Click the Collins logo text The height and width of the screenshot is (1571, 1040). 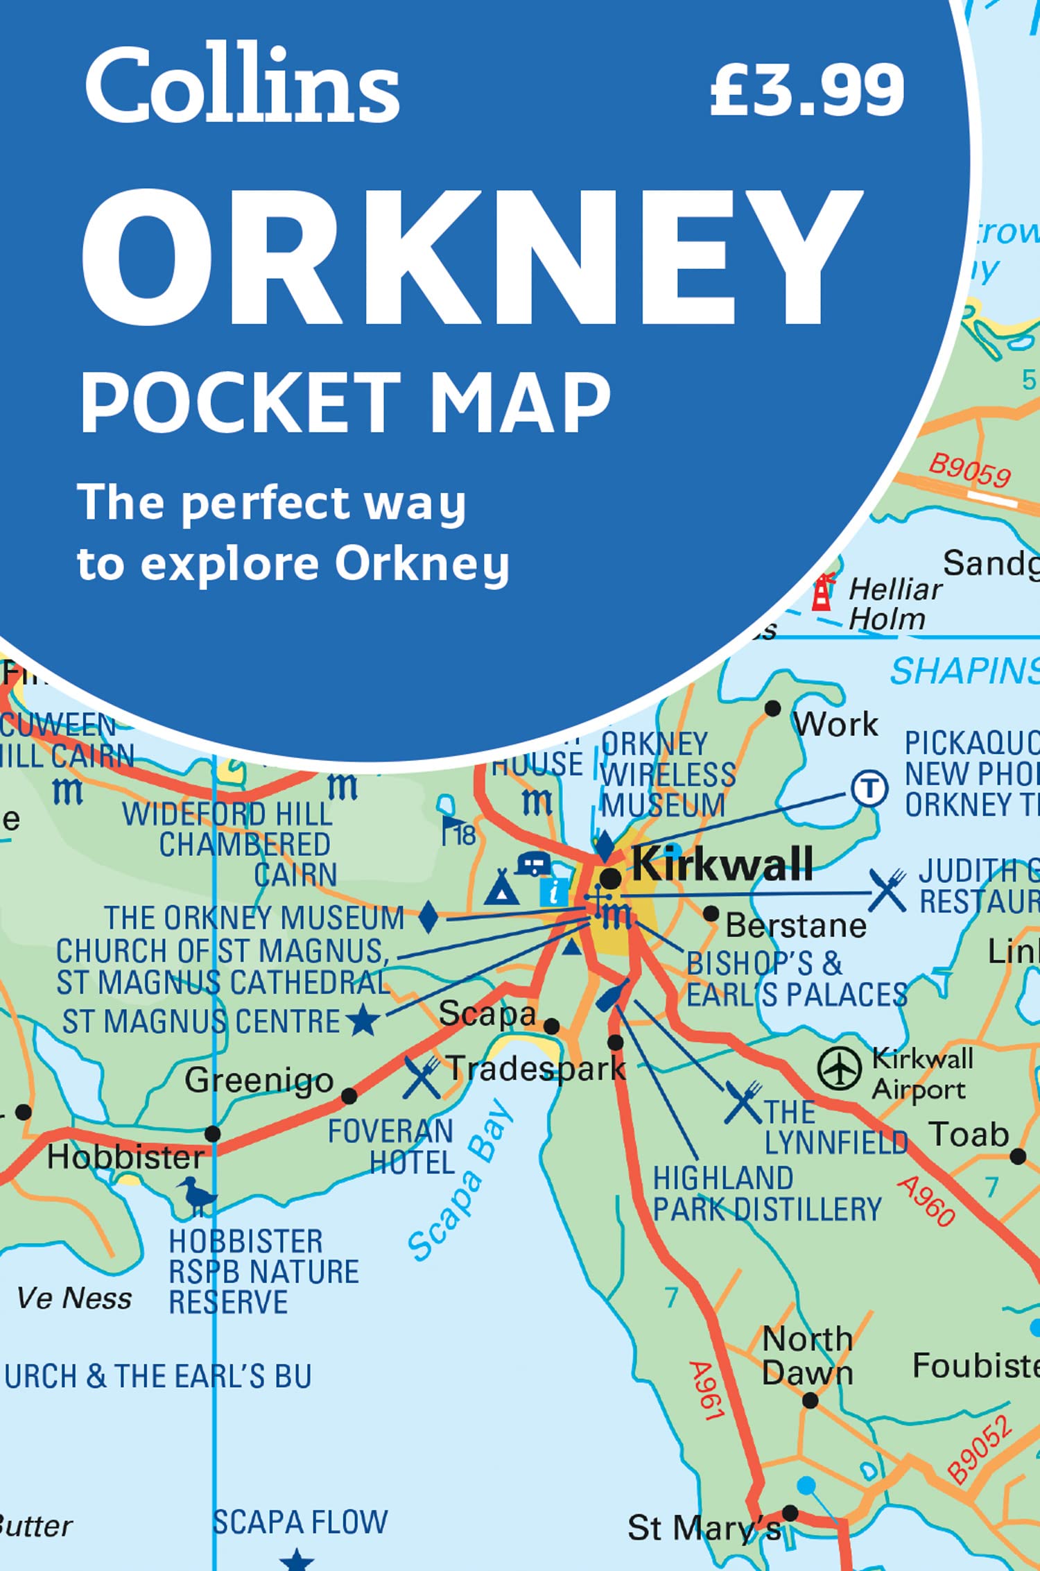[x=242, y=87]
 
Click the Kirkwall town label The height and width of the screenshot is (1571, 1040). [x=722, y=864]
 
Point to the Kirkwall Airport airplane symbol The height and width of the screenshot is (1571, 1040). [x=839, y=1069]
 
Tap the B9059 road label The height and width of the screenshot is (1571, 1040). [x=969, y=471]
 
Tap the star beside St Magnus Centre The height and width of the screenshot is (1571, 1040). [x=363, y=1022]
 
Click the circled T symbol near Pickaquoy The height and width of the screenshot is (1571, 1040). [x=869, y=789]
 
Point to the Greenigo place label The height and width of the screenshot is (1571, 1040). [x=259, y=1081]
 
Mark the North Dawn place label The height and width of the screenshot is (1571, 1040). [x=807, y=1356]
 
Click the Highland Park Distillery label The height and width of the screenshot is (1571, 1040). [x=766, y=1194]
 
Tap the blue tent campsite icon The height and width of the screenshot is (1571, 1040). [x=501, y=888]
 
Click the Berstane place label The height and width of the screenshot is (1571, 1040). [x=795, y=926]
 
